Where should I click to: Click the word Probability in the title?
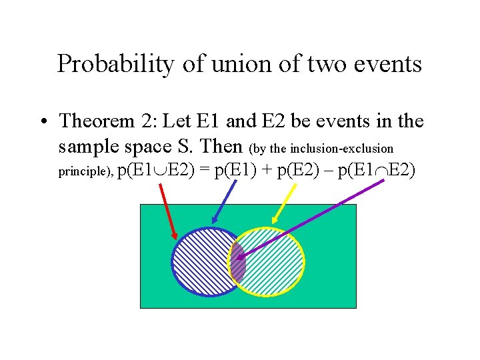click(106, 64)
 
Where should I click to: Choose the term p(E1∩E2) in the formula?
click(377, 171)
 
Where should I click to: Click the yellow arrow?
click(285, 203)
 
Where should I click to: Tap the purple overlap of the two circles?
click(237, 262)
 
